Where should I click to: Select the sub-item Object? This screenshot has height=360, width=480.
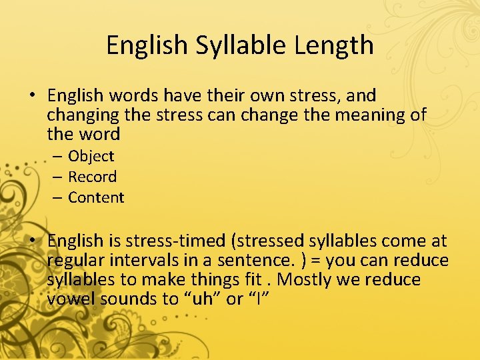91,157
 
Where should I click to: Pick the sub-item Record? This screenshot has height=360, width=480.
93,177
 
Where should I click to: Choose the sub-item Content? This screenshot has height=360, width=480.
96,198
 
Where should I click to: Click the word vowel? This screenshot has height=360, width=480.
71,299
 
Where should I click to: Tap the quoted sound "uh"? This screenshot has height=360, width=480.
201,299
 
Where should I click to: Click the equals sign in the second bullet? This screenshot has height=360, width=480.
311,260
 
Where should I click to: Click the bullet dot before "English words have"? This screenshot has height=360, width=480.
33,95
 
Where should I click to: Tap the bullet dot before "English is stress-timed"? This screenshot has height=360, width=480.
33,241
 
